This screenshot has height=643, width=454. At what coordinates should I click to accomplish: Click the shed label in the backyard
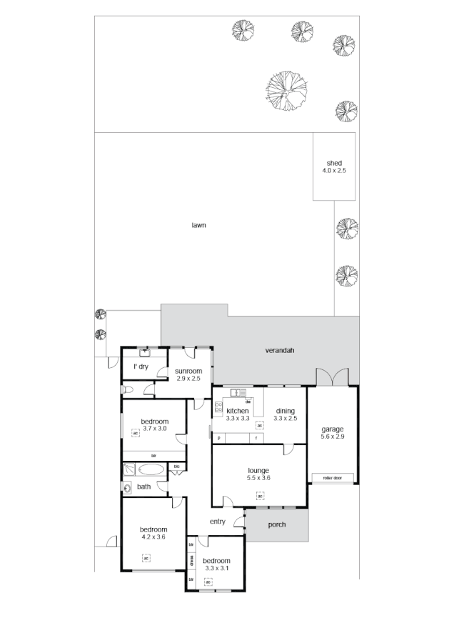(334, 164)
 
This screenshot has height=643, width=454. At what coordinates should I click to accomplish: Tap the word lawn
(198, 226)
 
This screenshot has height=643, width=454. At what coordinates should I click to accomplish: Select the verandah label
(280, 351)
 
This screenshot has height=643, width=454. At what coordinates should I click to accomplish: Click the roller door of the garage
(333, 477)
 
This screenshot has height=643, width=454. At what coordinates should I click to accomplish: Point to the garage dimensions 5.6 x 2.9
(333, 437)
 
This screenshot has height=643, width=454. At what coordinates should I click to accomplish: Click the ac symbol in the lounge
(258, 495)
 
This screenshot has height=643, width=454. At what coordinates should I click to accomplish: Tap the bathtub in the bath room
(150, 469)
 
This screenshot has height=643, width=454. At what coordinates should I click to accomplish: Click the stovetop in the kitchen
(218, 409)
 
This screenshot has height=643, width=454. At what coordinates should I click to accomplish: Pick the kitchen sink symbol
(238, 392)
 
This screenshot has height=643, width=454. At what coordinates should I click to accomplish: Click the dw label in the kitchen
(247, 402)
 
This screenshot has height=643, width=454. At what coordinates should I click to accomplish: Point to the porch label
(277, 524)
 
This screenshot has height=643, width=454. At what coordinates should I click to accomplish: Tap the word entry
(218, 522)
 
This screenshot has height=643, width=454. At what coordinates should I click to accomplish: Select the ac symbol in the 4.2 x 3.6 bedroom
(146, 558)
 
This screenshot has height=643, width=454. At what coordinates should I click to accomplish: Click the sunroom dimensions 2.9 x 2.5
(189, 379)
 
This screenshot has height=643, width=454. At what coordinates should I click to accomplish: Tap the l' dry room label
(141, 367)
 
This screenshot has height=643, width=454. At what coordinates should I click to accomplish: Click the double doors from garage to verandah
(332, 377)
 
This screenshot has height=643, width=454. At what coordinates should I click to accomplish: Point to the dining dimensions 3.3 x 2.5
(285, 419)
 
